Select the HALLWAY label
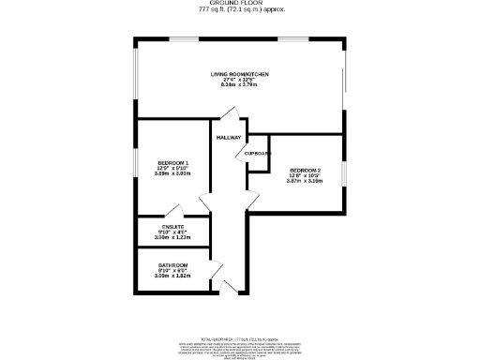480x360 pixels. pos(229,138)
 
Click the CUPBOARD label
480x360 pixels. pos(258,153)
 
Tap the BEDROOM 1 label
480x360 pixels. pos(173,164)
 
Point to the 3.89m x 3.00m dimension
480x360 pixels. pos(173,175)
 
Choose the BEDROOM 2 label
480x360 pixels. pos(304,170)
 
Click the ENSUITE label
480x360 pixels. pos(172,227)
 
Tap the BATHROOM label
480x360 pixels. pos(172,265)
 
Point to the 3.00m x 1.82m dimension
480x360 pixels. pos(172,277)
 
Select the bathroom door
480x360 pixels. pos(215,268)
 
